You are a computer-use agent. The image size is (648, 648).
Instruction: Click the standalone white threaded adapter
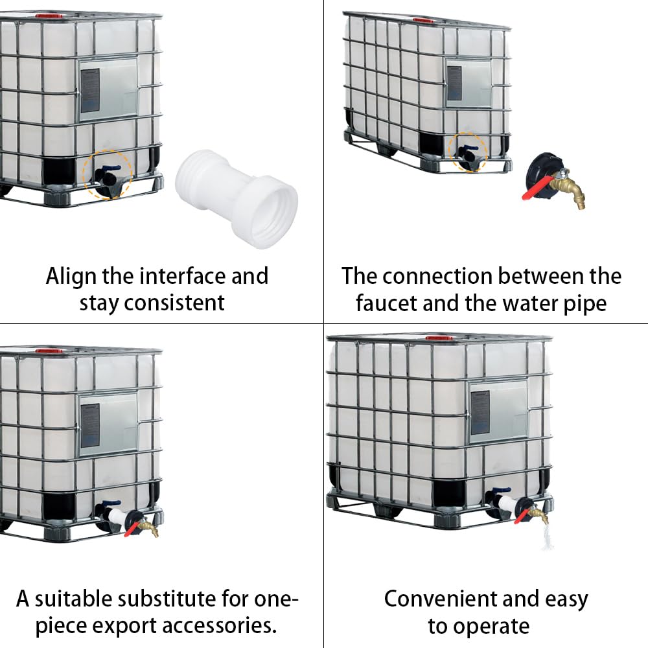[x=237, y=198]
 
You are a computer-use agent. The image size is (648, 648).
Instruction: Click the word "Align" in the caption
[x=71, y=277]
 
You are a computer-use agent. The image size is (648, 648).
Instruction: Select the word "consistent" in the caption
[x=174, y=303]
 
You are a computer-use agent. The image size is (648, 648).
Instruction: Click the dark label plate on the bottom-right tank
[x=480, y=412]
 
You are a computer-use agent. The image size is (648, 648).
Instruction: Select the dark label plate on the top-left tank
[x=90, y=91]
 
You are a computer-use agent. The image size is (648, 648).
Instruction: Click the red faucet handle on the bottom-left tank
[x=132, y=529]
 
